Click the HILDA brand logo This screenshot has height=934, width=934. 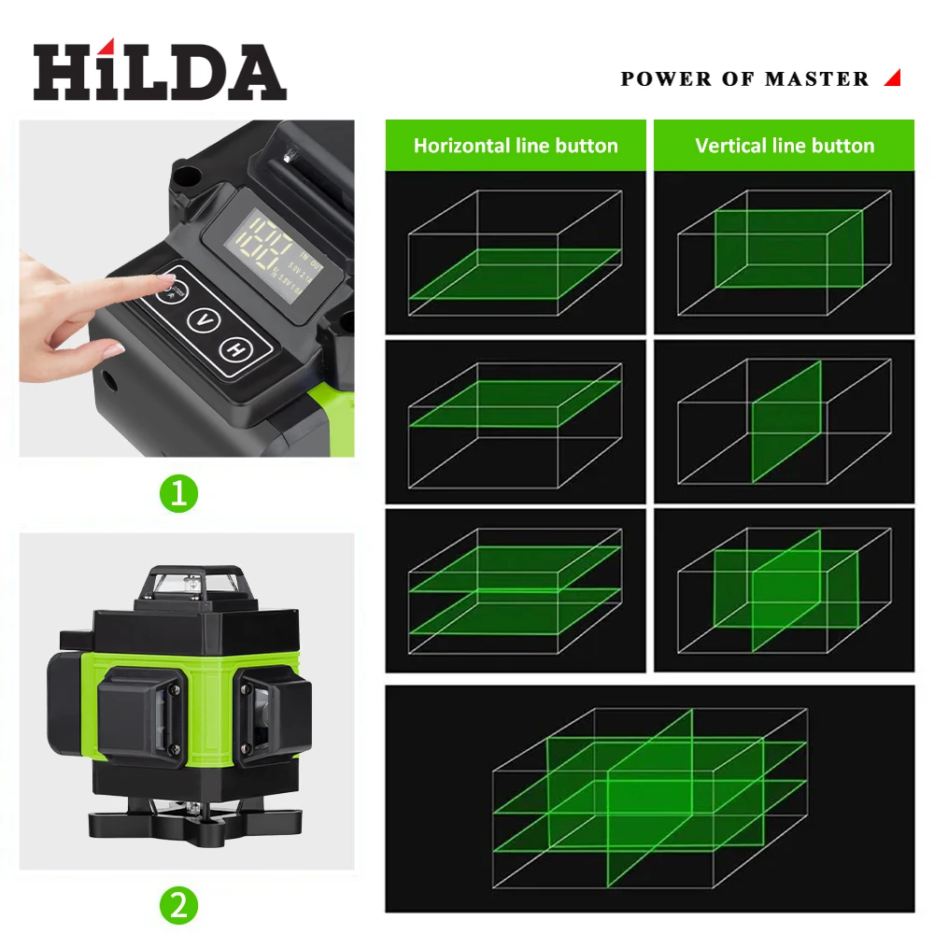[x=159, y=72]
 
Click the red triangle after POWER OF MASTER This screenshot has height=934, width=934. [x=892, y=78]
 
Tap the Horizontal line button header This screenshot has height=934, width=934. [x=516, y=146]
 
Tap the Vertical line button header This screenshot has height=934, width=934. [x=785, y=146]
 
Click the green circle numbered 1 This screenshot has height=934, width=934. [x=178, y=492]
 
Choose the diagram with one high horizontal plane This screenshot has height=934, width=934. [x=516, y=421]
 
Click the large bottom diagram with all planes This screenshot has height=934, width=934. [x=650, y=799]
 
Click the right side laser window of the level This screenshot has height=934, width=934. [x=271, y=710]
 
